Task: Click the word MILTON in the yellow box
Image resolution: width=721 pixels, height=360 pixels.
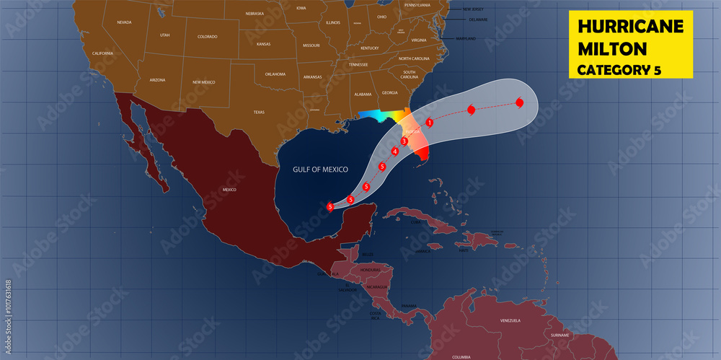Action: (x=612, y=49)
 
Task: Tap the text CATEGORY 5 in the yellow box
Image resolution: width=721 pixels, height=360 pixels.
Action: (x=619, y=70)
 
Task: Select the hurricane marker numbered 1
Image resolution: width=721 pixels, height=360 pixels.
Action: (x=429, y=123)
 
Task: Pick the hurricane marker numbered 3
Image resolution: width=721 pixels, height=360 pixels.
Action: (x=404, y=141)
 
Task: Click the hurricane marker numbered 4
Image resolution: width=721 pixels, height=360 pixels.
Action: (x=395, y=152)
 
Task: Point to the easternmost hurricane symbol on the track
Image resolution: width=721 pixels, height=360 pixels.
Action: (x=520, y=103)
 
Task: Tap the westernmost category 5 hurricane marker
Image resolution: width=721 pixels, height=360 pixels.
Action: (x=330, y=207)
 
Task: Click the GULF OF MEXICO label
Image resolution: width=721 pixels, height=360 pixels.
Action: (x=320, y=170)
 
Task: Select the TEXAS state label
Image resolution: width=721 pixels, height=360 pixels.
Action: (x=258, y=113)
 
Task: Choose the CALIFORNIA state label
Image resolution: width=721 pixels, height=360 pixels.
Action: (x=102, y=53)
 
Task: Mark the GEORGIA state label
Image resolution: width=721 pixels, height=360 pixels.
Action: (x=389, y=93)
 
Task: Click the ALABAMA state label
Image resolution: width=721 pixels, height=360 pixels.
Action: (x=363, y=95)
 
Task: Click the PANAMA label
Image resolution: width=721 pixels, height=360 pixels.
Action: (x=409, y=306)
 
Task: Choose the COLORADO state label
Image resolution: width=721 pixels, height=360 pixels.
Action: (x=207, y=36)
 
